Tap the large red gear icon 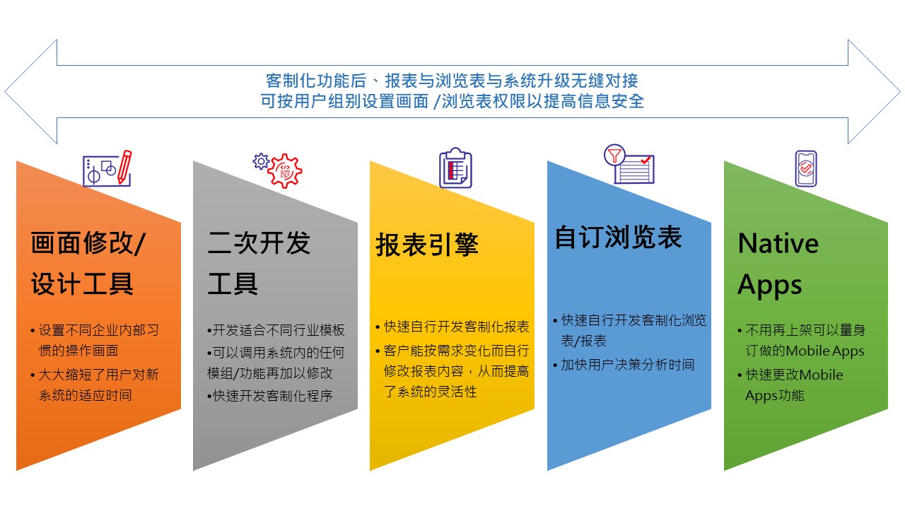pyautogui.click(x=285, y=171)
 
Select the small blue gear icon pyautogui.click(x=261, y=162)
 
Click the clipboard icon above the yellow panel pyautogui.click(x=456, y=168)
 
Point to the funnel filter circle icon pyautogui.click(x=614, y=155)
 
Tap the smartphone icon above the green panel pyautogui.click(x=806, y=168)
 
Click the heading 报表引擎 pyautogui.click(x=427, y=245)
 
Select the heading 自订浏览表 pyautogui.click(x=618, y=237)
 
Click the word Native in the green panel pyautogui.click(x=778, y=243)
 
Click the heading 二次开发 pyautogui.click(x=259, y=242)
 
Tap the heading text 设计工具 pyautogui.click(x=82, y=283)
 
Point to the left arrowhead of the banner pyautogui.click(x=30, y=92)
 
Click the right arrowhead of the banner pyautogui.click(x=875, y=92)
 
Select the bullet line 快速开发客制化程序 pyautogui.click(x=270, y=396)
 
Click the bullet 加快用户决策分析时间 pyautogui.click(x=624, y=365)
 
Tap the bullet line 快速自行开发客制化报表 pyautogui.click(x=452, y=327)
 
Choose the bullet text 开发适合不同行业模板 pyautogui.click(x=276, y=330)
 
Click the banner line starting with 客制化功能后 pyautogui.click(x=452, y=81)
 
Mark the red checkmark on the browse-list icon pyautogui.click(x=646, y=160)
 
